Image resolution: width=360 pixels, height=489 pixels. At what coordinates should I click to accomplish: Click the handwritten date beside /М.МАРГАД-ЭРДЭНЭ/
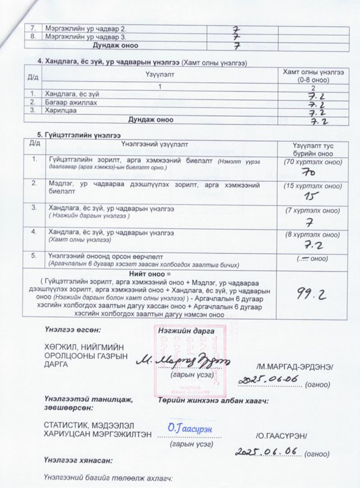268,380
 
